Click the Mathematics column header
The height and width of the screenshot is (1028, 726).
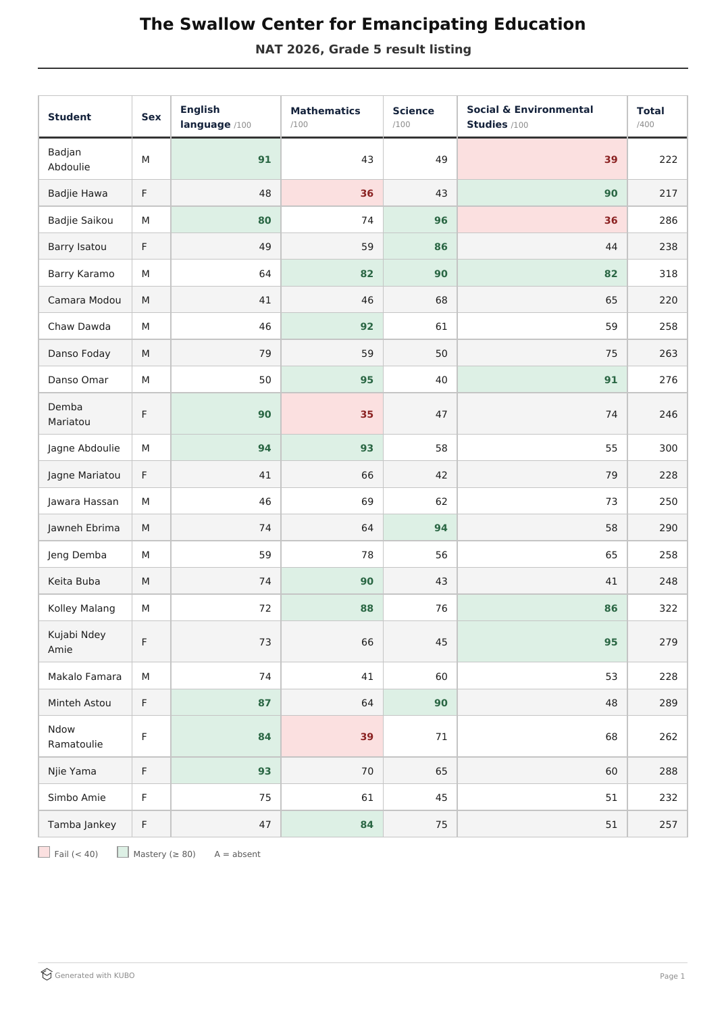pyautogui.click(x=325, y=111)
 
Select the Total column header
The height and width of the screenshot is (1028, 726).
pyautogui.click(x=650, y=111)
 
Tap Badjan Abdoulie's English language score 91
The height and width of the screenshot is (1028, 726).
pyautogui.click(x=264, y=160)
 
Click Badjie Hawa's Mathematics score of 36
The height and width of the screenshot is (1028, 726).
pyautogui.click(x=367, y=193)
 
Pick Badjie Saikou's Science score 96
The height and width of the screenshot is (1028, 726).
pyautogui.click(x=441, y=220)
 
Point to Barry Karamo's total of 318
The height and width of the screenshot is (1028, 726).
pyautogui.click(x=668, y=274)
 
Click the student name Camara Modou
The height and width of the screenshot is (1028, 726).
pyautogui.click(x=84, y=300)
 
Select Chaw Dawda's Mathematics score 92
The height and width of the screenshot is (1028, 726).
pyautogui.click(x=367, y=326)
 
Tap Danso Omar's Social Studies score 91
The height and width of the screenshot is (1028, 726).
pyautogui.click(x=611, y=380)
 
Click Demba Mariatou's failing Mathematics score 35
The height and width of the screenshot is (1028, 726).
pyautogui.click(x=367, y=414)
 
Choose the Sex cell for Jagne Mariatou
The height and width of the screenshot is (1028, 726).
pyautogui.click(x=144, y=475)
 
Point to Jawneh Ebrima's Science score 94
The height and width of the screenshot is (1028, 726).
pyautogui.click(x=441, y=528)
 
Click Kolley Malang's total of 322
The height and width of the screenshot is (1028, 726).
pyautogui.click(x=668, y=608)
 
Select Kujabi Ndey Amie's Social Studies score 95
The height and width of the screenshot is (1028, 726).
pyautogui.click(x=611, y=641)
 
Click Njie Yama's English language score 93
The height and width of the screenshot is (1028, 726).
pyautogui.click(x=264, y=771)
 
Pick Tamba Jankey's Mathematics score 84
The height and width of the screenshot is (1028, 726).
pyautogui.click(x=367, y=825)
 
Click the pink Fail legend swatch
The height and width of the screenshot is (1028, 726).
pyautogui.click(x=44, y=852)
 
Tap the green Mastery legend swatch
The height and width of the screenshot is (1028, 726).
pyautogui.click(x=123, y=852)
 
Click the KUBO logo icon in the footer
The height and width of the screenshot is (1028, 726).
pyautogui.click(x=47, y=975)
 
